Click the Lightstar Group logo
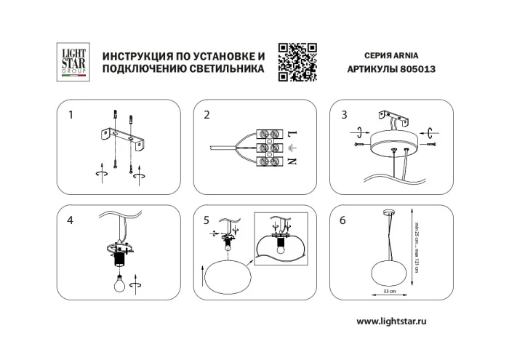[x=73, y=60]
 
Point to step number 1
[x=71, y=115]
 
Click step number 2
[x=207, y=115]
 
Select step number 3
[x=344, y=115]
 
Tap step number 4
[x=71, y=220]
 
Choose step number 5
[x=207, y=220]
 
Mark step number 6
[x=343, y=220]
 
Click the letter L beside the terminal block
[x=291, y=135]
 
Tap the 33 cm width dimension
[x=390, y=292]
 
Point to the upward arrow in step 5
[x=201, y=276]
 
